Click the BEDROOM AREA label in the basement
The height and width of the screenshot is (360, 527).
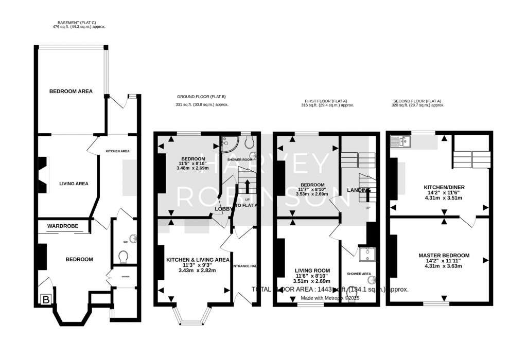click(71, 92)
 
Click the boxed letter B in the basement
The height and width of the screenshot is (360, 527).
click(45, 299)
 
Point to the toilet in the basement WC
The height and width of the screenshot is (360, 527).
click(123, 256)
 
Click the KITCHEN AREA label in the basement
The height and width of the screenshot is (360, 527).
click(117, 151)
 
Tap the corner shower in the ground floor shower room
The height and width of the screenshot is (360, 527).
click(226, 142)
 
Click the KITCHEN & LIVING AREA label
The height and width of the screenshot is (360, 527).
click(198, 260)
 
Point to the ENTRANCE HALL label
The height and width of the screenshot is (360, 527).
click(244, 266)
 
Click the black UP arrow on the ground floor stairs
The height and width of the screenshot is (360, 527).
click(248, 186)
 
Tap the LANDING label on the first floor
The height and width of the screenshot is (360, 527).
click(359, 190)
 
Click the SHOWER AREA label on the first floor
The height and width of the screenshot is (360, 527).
click(359, 274)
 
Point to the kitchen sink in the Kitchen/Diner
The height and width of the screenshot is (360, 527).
click(400, 140)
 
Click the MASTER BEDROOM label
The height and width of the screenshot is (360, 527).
click(444, 256)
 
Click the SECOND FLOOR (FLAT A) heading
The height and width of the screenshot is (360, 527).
click(417, 101)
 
